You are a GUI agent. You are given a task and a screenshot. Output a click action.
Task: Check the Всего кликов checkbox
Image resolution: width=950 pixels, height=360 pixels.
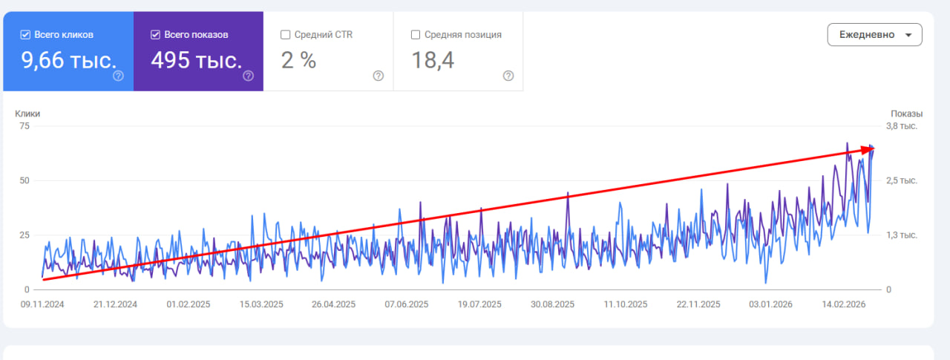point(25,35)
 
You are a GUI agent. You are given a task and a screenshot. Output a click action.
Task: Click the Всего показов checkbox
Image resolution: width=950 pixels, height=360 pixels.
point(155,35)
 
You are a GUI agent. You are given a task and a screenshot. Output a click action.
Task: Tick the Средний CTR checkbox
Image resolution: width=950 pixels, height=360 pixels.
point(286,35)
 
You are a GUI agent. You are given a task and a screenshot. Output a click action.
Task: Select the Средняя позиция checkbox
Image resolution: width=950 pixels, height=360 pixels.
point(416,35)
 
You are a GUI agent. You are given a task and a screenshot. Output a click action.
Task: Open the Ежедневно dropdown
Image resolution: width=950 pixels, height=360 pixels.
point(874,35)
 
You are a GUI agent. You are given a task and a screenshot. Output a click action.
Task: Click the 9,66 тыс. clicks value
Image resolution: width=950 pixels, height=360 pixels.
point(69,60)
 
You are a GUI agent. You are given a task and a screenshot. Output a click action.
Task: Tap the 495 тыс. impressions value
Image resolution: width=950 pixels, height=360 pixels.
point(197,60)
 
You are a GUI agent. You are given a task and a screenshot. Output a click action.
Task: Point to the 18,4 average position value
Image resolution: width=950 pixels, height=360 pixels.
point(433,60)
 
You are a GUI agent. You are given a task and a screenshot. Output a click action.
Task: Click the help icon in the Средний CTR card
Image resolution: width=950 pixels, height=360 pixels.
point(379,76)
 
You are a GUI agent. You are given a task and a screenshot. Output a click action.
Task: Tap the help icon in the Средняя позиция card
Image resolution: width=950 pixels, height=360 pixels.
point(508,76)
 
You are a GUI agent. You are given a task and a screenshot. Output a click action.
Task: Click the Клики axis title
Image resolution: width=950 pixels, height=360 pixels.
point(27,114)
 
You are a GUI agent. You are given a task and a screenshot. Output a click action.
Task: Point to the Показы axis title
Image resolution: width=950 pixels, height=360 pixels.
point(907,114)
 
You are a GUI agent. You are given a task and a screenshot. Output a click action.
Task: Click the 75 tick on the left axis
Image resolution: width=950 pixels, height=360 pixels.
point(24,126)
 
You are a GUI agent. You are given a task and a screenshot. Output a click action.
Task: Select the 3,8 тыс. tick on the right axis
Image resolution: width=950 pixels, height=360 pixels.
point(902,126)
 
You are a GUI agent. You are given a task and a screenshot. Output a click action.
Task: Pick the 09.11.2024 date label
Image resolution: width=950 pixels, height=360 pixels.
point(42,304)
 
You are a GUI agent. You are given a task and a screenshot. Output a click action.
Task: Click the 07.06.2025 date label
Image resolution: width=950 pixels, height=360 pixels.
point(407,304)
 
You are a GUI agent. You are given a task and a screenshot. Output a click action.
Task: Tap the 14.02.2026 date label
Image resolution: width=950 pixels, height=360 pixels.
point(844,304)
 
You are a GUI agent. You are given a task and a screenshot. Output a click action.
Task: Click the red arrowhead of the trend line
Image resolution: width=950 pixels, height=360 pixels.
point(868,150)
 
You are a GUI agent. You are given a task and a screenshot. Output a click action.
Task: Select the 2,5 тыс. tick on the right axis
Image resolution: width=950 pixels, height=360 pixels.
point(902,180)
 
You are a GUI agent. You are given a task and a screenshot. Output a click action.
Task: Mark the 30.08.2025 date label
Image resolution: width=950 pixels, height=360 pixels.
point(553,304)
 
